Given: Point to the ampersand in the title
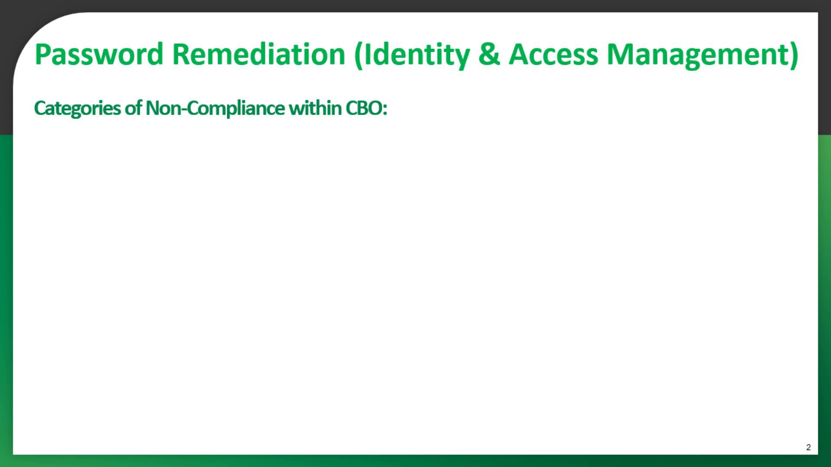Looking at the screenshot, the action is tap(489, 54).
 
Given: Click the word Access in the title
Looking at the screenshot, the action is tap(553, 54).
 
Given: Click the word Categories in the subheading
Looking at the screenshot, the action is tap(77, 108).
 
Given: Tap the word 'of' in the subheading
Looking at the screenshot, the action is tap(133, 108).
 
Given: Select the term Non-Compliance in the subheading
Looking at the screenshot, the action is tap(215, 108).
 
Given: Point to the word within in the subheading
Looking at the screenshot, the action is tap(315, 108).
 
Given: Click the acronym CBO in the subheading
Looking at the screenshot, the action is tap(364, 108).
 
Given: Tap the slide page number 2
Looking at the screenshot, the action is tap(808, 447).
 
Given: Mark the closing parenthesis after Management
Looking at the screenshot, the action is tap(793, 56).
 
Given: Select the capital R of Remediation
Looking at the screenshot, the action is tap(182, 54).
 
